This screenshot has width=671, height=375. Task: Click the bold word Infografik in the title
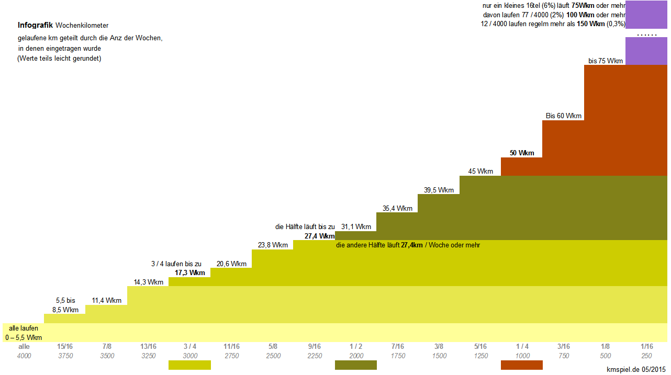(x=35, y=25)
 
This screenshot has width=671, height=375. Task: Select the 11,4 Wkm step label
(x=106, y=300)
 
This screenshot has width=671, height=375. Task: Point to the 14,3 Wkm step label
(x=148, y=282)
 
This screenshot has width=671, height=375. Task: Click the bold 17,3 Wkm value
(x=189, y=272)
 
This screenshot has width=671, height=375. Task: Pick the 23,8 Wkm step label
(x=273, y=245)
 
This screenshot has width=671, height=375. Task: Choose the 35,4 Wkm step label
(x=397, y=208)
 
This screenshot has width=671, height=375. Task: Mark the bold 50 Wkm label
(x=522, y=153)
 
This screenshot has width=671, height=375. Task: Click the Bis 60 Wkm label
(x=563, y=116)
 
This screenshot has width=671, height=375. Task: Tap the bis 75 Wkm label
(x=606, y=61)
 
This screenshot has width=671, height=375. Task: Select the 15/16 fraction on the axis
(x=65, y=346)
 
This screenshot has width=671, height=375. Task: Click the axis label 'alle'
(x=24, y=346)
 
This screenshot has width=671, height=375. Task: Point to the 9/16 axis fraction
(x=314, y=346)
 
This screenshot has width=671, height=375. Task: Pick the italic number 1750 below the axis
(x=398, y=356)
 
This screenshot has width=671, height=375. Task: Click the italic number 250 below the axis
(x=647, y=356)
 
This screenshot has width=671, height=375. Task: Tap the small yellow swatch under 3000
(x=189, y=365)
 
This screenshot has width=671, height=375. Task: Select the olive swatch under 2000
(x=356, y=365)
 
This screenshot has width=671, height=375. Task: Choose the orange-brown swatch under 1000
(x=522, y=365)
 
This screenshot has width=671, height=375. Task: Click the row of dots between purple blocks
(x=646, y=35)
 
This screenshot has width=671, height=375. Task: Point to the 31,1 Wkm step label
(x=356, y=226)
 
